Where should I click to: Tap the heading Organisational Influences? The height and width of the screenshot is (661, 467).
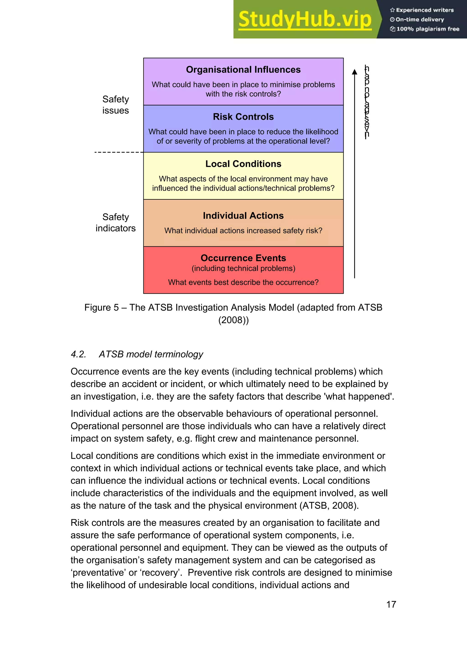[x=243, y=70]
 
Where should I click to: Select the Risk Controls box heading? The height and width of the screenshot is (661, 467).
[x=243, y=117]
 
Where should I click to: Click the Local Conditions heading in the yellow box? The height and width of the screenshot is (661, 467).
[x=243, y=164]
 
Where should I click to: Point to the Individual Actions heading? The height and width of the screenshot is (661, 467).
[x=243, y=216]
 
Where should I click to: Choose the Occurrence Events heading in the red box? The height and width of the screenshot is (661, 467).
[x=243, y=258]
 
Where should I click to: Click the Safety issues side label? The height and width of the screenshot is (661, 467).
[x=116, y=105]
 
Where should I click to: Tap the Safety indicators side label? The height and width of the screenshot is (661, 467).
[x=116, y=223]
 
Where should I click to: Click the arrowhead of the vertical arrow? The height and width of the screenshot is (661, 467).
[x=355, y=72]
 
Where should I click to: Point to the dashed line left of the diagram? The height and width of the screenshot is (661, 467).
[x=119, y=152]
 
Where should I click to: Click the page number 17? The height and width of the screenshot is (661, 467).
[x=391, y=604]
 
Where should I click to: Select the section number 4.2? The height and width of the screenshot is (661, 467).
[x=78, y=354]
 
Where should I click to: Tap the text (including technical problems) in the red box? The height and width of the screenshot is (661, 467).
[x=243, y=268]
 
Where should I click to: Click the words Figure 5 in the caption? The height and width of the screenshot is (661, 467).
[x=101, y=307]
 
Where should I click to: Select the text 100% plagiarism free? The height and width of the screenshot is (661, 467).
[x=427, y=29]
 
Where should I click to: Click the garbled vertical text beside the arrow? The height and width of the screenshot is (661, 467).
[x=367, y=102]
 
